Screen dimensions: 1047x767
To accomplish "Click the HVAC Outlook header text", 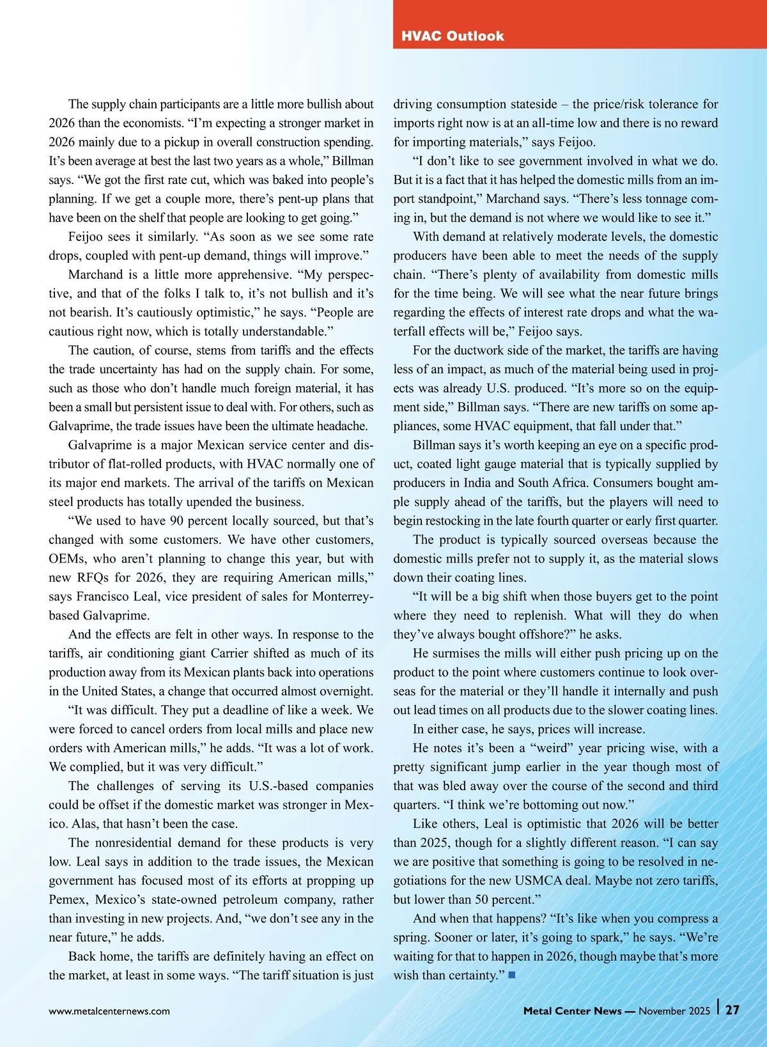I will (453, 36).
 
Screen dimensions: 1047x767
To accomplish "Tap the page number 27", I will (732, 1010).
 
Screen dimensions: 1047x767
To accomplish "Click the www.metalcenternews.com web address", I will (109, 1011).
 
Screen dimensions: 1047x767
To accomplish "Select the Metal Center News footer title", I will (572, 1011).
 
